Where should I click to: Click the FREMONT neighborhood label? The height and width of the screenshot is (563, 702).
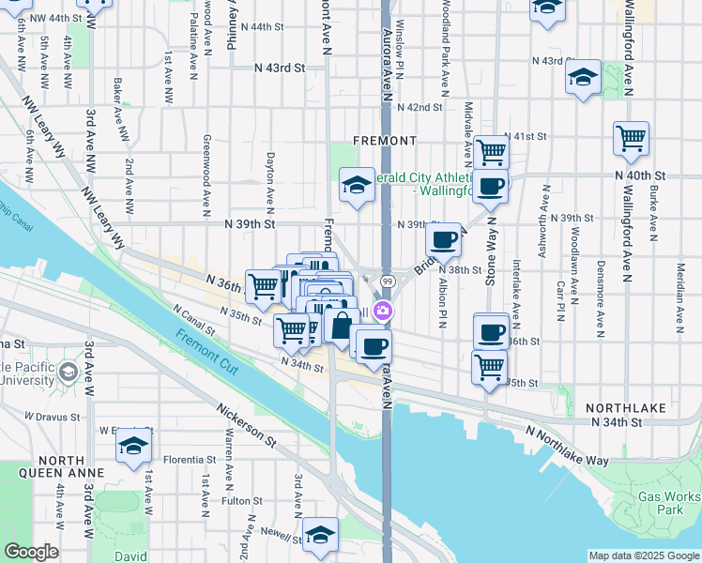pos(384,141)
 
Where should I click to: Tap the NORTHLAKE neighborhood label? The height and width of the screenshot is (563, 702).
pos(624,408)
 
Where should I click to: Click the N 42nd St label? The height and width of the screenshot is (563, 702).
pos(419,107)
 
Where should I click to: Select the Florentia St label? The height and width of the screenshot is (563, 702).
pos(191,460)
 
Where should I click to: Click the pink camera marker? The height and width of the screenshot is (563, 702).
pos(383,311)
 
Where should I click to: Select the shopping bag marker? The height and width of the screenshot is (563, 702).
pos(342,327)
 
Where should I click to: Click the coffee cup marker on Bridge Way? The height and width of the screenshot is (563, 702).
pos(445,239)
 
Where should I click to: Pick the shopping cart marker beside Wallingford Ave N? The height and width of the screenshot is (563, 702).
pos(632,139)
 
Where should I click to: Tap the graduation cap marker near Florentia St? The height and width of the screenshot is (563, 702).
pos(134,446)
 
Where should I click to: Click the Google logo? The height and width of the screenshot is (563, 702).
pos(31,552)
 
